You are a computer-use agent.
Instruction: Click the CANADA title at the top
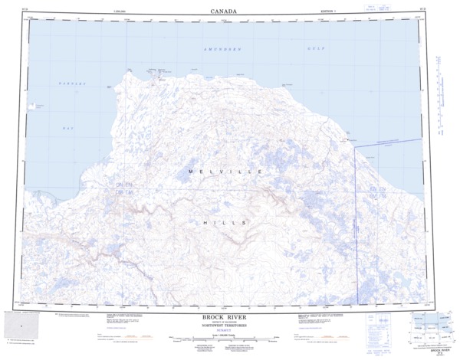pyautogui.click(x=223, y=11)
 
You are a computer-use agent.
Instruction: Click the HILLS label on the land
pyautogui.click(x=221, y=221)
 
